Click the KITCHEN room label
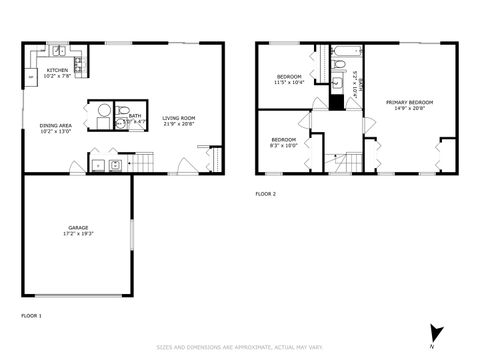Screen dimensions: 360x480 pyautogui.click(x=57, y=70)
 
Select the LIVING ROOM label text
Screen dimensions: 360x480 pyautogui.click(x=179, y=118)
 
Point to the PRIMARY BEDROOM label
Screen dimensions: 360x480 pyautogui.click(x=409, y=102)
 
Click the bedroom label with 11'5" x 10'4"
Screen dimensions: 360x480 pyautogui.click(x=289, y=77)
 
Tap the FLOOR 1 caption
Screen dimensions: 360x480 pyautogui.click(x=32, y=315)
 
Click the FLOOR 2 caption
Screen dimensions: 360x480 pyautogui.click(x=265, y=193)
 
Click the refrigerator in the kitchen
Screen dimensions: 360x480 pyautogui.click(x=31, y=76)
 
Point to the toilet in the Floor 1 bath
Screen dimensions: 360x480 pyautogui.click(x=119, y=112)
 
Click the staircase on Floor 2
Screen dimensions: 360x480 pyautogui.click(x=347, y=161)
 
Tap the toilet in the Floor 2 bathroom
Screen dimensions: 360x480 pyautogui.click(x=339, y=67)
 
